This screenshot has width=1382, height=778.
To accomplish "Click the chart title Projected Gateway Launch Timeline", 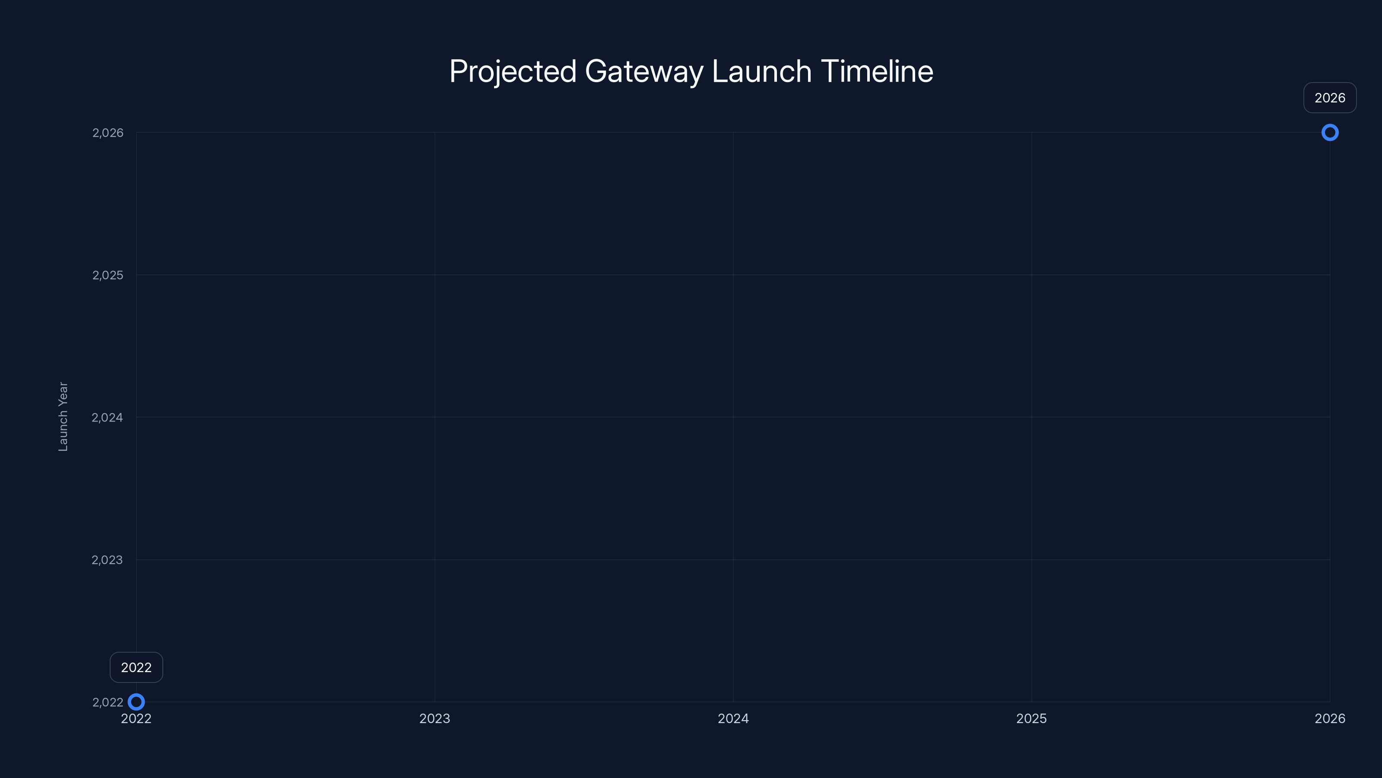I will [x=691, y=71].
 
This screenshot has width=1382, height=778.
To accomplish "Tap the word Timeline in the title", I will [x=877, y=71].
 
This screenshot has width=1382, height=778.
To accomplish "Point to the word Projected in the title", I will [x=512, y=71].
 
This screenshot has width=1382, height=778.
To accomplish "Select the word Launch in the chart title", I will [x=762, y=71].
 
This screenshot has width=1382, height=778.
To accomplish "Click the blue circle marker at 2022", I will [x=136, y=702].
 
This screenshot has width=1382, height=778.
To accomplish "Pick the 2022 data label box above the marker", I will [x=136, y=667].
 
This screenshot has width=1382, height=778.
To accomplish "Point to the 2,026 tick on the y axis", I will [x=108, y=133].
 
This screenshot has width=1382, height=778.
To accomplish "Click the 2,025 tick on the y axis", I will [x=108, y=275].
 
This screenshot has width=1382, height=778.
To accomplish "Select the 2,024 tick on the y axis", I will [x=107, y=417].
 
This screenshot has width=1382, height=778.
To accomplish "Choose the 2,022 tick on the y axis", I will [x=108, y=702].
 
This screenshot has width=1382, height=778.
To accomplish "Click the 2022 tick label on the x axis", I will [x=136, y=718].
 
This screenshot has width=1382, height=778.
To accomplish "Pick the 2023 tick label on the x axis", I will [x=434, y=718].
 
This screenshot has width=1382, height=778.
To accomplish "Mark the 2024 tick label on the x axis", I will [x=733, y=718].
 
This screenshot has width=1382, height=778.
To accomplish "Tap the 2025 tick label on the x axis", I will [x=1031, y=718].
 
